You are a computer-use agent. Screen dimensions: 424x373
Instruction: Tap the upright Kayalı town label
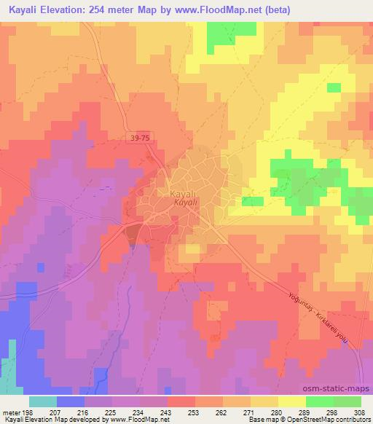tap(182, 195)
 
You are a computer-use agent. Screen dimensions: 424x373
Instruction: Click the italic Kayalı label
tap(184, 205)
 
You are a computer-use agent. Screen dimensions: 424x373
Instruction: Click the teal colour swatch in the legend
tap(43, 401)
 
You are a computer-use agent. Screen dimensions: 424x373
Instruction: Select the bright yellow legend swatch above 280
tap(291, 401)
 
